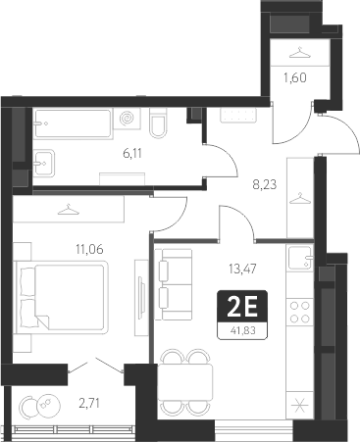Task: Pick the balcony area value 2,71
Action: click(89, 402)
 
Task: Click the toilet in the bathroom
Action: click(158, 125)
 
